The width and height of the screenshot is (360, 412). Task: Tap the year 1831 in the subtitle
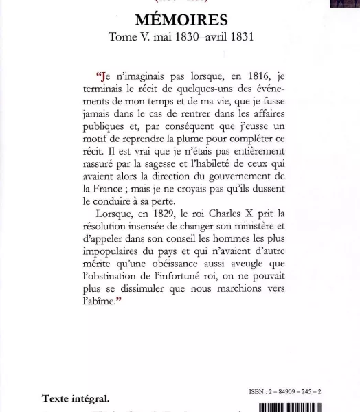240,37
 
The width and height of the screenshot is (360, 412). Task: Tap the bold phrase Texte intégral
76,398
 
